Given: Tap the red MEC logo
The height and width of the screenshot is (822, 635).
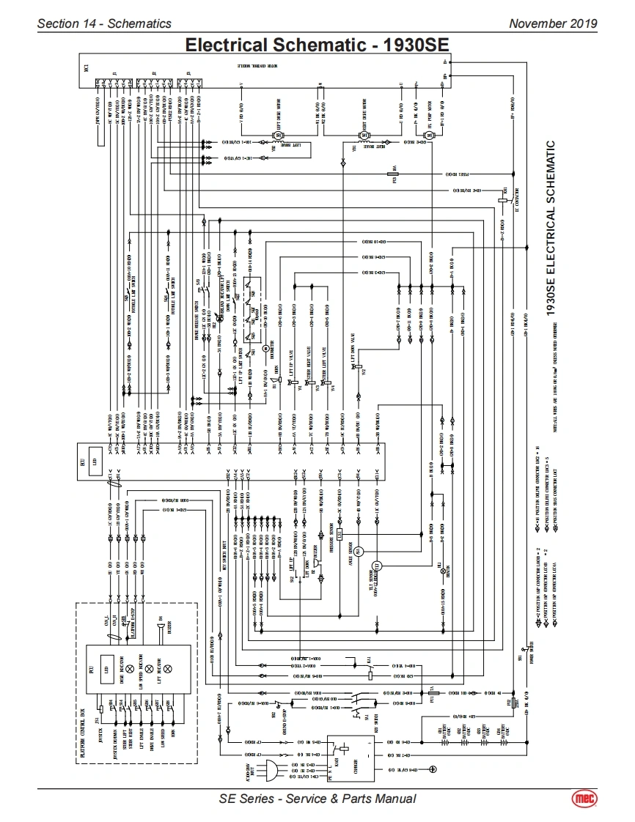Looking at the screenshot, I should tap(584, 799).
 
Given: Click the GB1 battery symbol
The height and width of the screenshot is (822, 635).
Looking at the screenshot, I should tap(443, 741).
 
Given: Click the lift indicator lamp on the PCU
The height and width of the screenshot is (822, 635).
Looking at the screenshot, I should tap(166, 669).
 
